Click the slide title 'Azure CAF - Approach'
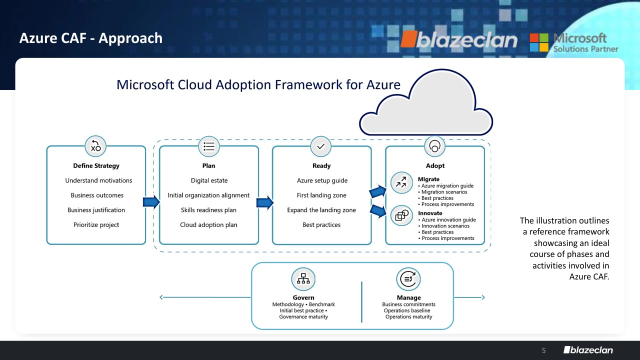click(x=91, y=38)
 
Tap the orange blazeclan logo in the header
click(x=459, y=39)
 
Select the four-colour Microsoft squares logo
click(x=539, y=42)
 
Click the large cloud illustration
click(x=426, y=102)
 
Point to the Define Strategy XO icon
click(x=95, y=146)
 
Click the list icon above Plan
click(x=209, y=146)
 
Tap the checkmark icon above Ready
click(x=321, y=146)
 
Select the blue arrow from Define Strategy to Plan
click(x=151, y=202)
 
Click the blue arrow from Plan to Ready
click(x=265, y=202)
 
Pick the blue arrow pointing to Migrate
click(x=378, y=191)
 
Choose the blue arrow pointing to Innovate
click(x=378, y=211)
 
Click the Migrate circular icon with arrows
click(x=401, y=182)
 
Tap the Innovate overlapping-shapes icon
click(x=401, y=215)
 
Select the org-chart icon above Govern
click(x=303, y=279)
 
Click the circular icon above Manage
click(x=408, y=279)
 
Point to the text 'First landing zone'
click(x=321, y=195)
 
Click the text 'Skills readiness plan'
click(x=208, y=210)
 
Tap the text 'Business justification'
click(x=96, y=210)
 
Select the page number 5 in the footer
click(x=543, y=350)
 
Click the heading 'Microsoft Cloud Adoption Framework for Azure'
click(x=258, y=85)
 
